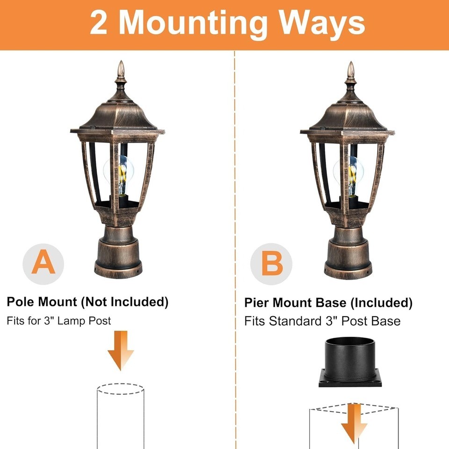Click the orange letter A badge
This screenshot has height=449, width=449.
pos(43,264)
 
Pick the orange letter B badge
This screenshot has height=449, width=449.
pos(271,264)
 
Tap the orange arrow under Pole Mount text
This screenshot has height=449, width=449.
pos(121,350)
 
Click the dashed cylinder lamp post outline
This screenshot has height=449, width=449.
pos(120,416)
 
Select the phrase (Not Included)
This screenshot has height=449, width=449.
pos(124,302)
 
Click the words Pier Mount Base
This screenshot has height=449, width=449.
pos(295,303)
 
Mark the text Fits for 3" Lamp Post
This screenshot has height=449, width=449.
pos(59,321)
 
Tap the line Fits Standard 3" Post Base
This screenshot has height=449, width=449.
pos(322,321)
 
